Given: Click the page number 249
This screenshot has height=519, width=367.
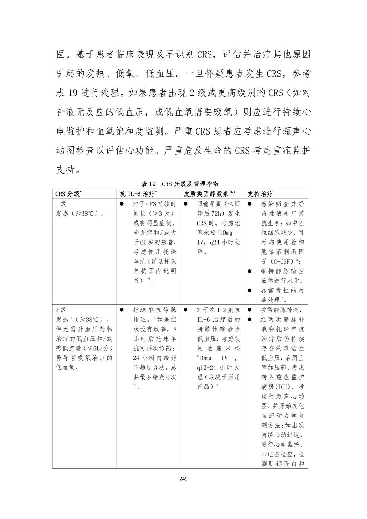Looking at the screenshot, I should (x=183, y=479).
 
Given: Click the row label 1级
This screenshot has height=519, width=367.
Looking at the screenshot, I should (x=61, y=204).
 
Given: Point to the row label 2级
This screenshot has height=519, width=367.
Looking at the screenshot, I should (x=61, y=310).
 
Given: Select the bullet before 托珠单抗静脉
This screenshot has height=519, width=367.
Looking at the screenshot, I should (x=122, y=310).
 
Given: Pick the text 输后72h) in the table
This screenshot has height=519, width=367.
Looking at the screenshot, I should (x=219, y=213).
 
